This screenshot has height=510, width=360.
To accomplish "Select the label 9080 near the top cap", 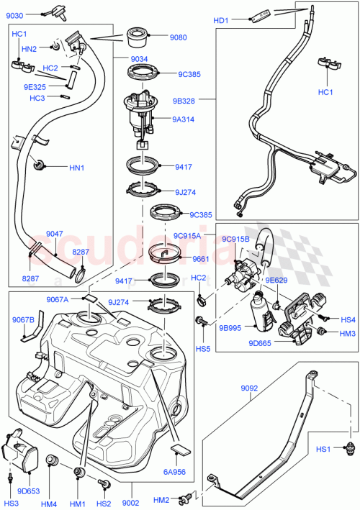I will pyautogui.click(x=178, y=37).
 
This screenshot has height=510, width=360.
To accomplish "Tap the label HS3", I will pyautogui.click(x=11, y=503).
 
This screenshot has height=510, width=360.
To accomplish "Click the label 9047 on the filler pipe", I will pyautogui.click(x=55, y=234).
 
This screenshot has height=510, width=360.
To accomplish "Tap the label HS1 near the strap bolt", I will pyautogui.click(x=325, y=450).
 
